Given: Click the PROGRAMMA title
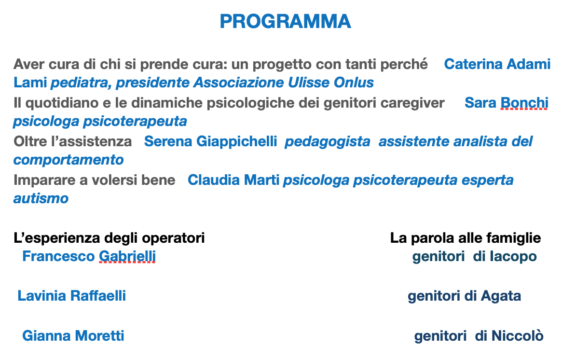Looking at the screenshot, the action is (x=285, y=21).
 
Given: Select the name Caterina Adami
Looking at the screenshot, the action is (x=497, y=64).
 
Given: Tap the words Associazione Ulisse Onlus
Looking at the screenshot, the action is (x=284, y=83).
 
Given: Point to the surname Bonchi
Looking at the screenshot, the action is (x=524, y=102).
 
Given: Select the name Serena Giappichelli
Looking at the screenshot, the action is (x=210, y=142).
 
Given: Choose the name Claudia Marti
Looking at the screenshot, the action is (x=233, y=180).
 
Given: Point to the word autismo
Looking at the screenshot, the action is (x=41, y=198).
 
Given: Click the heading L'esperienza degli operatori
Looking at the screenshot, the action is (x=109, y=238).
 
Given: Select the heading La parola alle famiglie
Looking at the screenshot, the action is (x=466, y=238).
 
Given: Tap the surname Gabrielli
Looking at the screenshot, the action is (x=127, y=256).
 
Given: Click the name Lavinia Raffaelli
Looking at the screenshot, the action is (x=71, y=295).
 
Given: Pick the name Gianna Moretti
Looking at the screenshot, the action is (x=73, y=335).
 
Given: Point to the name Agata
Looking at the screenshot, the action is (x=501, y=296).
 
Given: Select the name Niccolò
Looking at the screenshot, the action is (x=517, y=335).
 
